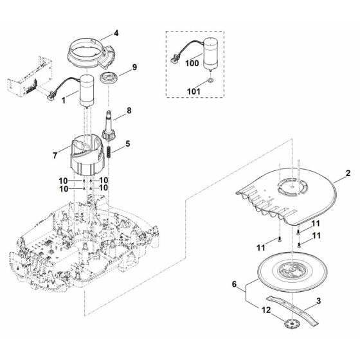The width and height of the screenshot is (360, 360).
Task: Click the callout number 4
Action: click(116, 33)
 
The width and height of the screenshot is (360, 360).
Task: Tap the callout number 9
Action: click(134, 67)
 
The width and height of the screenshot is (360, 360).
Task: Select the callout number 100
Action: click(192, 63)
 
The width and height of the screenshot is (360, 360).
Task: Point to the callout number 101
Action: click(194, 91)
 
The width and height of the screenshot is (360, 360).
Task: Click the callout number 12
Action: click(266, 310)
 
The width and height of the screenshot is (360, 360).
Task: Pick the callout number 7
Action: click(55, 156)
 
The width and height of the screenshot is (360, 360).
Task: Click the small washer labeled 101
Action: click(210, 80)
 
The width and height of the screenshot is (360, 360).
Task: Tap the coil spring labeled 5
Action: click(109, 152)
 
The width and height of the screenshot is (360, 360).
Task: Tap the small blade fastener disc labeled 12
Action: click(291, 324)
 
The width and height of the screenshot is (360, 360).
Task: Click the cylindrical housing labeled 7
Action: click(87, 154)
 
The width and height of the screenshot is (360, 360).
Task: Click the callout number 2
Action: click(348, 174)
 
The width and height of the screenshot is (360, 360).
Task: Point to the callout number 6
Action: click(234, 284)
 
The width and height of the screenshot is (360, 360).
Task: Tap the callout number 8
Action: click(129, 111)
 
